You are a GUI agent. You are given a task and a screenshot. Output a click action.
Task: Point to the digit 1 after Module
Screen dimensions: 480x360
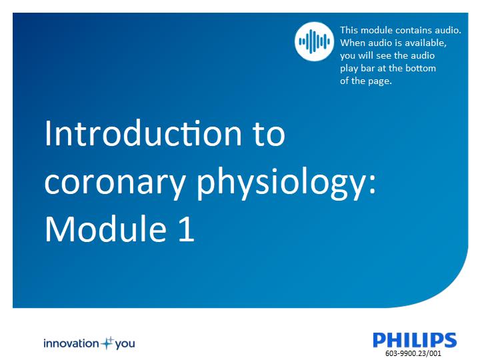tap(187, 229)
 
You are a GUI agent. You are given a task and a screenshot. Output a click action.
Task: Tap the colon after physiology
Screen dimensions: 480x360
tap(371, 185)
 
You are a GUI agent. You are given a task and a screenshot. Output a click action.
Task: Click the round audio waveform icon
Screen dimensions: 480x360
tap(315, 41)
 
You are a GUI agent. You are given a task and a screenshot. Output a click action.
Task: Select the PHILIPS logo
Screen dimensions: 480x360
tap(415, 340)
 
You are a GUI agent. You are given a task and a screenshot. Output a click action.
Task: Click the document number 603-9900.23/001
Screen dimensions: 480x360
tap(413, 353)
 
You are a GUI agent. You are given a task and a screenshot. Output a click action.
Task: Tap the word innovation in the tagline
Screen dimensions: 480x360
tap(71, 343)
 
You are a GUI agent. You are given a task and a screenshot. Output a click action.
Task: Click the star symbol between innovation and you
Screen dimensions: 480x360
tap(107, 343)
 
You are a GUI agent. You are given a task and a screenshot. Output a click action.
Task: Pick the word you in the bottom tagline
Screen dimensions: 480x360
tap(125, 344)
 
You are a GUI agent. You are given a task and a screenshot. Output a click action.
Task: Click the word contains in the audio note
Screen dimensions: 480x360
tap(411, 30)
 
